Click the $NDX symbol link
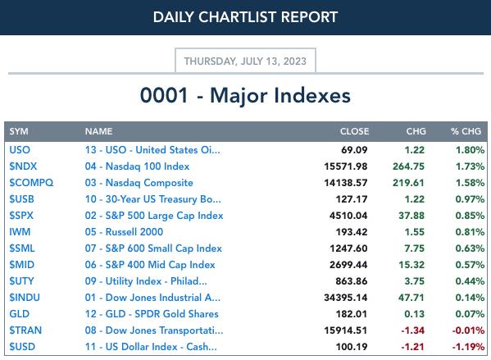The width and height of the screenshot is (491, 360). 23,166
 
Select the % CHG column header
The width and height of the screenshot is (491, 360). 466,131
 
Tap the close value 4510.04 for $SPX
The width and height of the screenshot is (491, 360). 348,215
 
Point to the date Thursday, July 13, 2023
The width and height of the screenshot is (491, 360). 245,61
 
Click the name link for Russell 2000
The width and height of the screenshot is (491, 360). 124,232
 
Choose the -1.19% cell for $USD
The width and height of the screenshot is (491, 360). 468,347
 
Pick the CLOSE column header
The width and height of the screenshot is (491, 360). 354,131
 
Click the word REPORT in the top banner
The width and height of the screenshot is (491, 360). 309,17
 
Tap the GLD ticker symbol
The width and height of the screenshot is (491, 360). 20,313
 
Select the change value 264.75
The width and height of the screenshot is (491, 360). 409,166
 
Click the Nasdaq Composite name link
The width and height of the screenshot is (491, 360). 139,183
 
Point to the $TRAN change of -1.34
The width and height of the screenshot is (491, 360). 413,330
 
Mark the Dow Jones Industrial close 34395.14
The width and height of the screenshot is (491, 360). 346,298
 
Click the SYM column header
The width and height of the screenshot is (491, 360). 19,131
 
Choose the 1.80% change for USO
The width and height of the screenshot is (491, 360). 470,150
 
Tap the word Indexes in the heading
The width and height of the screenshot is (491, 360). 312,95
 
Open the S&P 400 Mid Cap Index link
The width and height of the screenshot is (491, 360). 150,265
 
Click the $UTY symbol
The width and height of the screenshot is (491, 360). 21,281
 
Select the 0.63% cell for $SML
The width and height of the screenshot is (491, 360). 470,248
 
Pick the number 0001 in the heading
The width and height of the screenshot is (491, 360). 164,95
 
